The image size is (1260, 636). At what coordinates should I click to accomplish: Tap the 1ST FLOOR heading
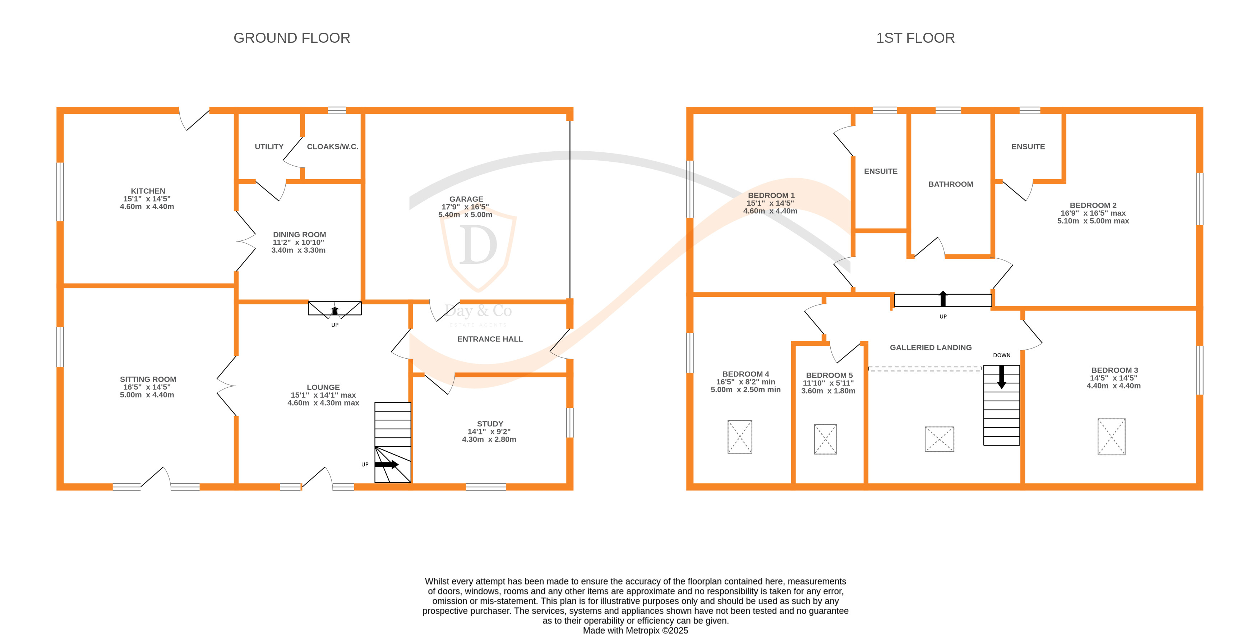[x=915, y=38]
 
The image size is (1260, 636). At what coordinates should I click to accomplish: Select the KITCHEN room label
[x=148, y=191]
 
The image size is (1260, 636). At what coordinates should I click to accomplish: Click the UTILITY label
[x=269, y=146]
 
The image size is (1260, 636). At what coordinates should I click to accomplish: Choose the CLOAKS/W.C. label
[x=333, y=146]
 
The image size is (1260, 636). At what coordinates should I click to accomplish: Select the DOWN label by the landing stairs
[x=1001, y=355]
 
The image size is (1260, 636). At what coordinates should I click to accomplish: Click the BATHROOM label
[x=950, y=184]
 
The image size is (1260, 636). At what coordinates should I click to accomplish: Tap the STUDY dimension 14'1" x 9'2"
[x=489, y=432]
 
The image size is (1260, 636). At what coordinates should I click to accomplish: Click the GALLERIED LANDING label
[x=930, y=347]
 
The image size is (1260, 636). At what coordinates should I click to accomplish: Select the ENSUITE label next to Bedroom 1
[x=881, y=171]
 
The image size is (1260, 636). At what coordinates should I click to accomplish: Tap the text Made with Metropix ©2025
[x=635, y=631]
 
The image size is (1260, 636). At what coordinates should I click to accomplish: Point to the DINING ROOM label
[x=299, y=234]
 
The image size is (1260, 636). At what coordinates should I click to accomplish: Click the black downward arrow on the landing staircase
[x=1001, y=377]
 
